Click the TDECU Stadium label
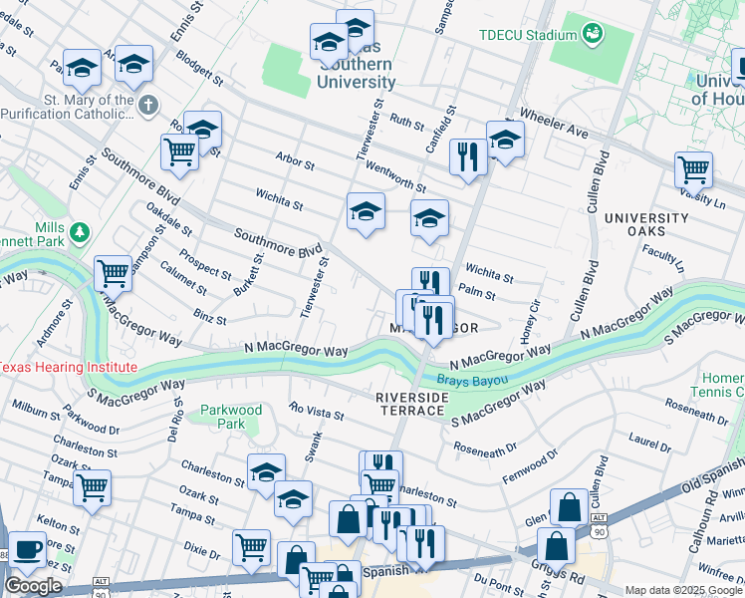[527, 35]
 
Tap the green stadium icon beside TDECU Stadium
[594, 35]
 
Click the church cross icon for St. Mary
[147, 104]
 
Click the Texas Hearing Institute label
[67, 367]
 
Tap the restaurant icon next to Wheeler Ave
[466, 155]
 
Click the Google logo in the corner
[33, 586]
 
